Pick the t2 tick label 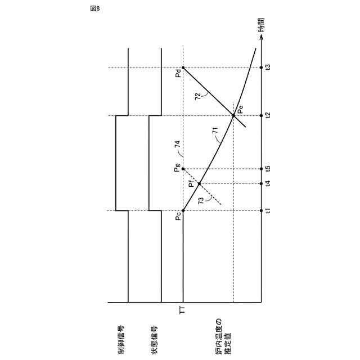coord(268,116)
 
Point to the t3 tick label coord(268,67)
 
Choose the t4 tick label coord(268,183)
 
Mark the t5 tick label coord(268,169)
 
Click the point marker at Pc coord(183,210)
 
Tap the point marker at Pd coord(183,68)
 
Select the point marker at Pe coord(233,116)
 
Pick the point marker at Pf coord(199,183)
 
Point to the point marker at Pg coord(183,169)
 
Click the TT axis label coord(183,309)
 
